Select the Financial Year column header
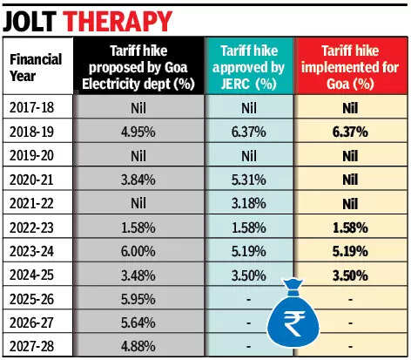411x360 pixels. (x=36, y=67)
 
